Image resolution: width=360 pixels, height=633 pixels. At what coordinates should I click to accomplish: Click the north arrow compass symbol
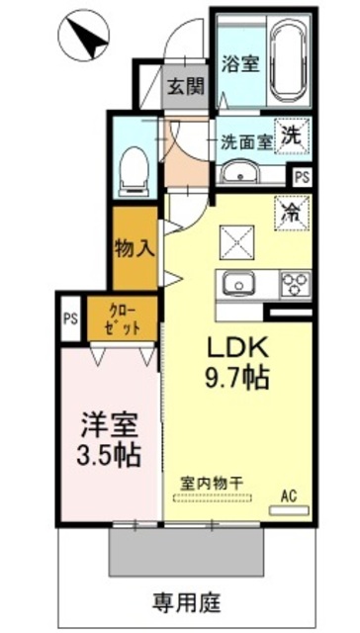[84, 36]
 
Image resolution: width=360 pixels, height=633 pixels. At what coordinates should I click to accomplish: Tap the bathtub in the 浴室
[289, 61]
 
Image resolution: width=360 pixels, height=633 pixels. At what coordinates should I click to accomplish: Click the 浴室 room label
[240, 63]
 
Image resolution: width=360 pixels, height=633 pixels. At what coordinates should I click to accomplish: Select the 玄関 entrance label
[186, 86]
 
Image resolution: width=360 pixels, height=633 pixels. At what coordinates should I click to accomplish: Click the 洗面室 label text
[246, 141]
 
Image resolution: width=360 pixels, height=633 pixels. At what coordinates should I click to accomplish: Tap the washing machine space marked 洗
[292, 136]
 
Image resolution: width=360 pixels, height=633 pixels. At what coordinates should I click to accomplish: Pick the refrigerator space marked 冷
[292, 214]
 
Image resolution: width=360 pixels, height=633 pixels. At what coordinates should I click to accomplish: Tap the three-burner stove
[297, 285]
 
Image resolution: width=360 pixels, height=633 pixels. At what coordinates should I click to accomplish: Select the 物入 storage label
[135, 248]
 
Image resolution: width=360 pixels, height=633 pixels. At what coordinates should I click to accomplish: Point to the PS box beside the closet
[70, 318]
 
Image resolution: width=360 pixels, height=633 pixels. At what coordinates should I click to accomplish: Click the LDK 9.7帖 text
[237, 362]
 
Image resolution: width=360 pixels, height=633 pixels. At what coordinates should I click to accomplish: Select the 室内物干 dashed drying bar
[213, 498]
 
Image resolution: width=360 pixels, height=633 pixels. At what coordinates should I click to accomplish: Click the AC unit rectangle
[289, 510]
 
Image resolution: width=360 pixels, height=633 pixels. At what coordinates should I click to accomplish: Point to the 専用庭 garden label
[187, 603]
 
